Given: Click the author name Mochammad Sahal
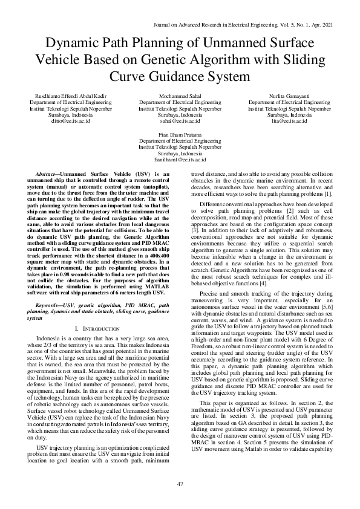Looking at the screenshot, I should pyautogui.click(x=180, y=97).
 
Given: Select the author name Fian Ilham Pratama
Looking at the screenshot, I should pyautogui.click(x=180, y=135).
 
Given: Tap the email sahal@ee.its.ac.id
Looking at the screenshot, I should pyautogui.click(x=180, y=121).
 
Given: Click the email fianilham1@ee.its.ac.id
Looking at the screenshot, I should pyautogui.click(x=180, y=160).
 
